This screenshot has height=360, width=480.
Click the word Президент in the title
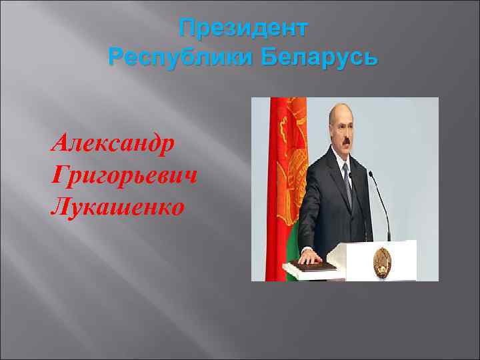point(243,29)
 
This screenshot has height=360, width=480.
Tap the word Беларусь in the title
point(319,57)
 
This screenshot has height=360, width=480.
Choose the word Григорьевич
point(124,175)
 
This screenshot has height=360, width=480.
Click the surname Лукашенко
point(117,207)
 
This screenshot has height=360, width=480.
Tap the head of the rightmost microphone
point(371,176)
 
